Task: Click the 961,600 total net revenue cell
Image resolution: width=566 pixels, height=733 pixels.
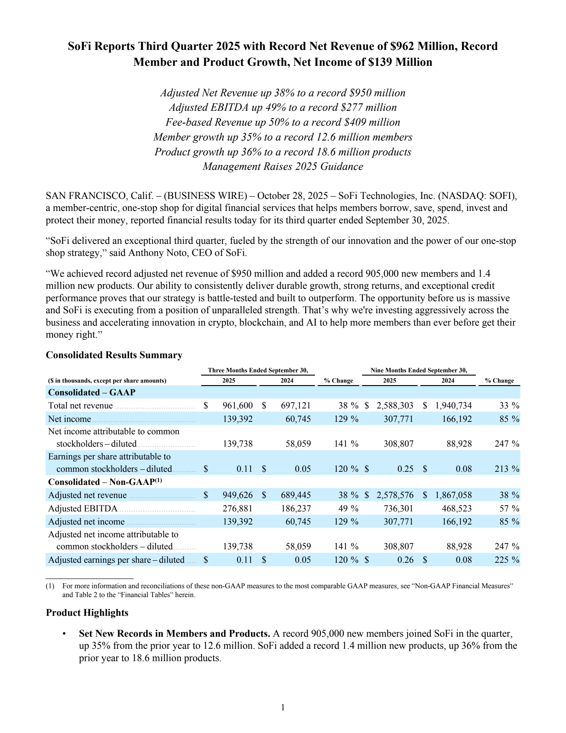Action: click(x=237, y=406)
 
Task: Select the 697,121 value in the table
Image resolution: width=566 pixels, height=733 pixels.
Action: click(x=296, y=406)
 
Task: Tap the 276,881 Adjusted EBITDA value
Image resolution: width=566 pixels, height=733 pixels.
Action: click(x=237, y=509)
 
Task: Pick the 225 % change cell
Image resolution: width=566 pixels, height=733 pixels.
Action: click(x=507, y=560)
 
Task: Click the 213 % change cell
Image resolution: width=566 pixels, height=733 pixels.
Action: click(x=507, y=469)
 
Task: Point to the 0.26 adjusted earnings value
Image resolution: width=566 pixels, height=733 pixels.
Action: click(x=405, y=560)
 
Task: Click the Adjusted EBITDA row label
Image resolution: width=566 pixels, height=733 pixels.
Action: click(x=83, y=509)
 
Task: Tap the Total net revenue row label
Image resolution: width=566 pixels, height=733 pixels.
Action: click(x=80, y=406)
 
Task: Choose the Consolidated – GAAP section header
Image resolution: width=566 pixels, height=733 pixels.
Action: click(x=92, y=393)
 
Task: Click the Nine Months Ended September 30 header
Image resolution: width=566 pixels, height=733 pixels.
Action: click(x=418, y=371)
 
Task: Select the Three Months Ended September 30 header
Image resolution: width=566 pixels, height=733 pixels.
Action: click(x=258, y=371)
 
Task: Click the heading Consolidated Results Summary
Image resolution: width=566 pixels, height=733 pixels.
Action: click(x=114, y=355)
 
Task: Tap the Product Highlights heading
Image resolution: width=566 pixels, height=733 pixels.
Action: click(x=87, y=613)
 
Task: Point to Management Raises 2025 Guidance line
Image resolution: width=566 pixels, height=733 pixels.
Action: click(x=283, y=166)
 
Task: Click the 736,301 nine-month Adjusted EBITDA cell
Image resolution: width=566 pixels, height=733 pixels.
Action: click(x=398, y=509)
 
